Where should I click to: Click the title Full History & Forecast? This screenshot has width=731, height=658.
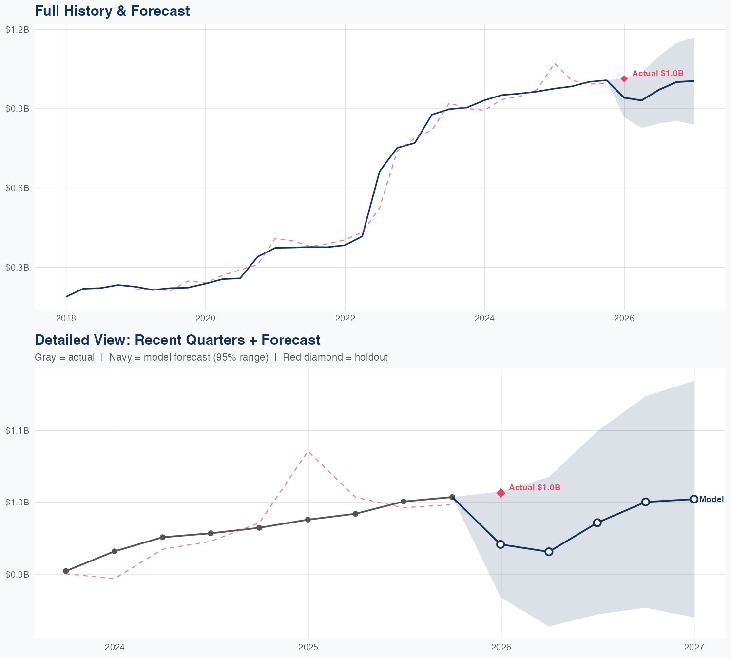(x=112, y=11)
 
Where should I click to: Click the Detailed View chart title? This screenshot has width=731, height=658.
(x=177, y=340)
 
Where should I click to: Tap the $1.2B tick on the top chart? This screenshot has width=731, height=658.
(x=17, y=29)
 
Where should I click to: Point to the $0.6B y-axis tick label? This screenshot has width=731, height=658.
(x=17, y=188)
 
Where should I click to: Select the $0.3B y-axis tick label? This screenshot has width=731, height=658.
(x=17, y=267)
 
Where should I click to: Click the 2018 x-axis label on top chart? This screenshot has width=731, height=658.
(x=66, y=319)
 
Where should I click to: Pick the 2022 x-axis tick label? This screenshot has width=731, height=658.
(x=345, y=319)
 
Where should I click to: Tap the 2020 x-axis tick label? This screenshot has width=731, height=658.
(x=205, y=319)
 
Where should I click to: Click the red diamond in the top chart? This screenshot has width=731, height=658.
(x=624, y=79)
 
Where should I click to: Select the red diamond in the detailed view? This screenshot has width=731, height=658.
(x=501, y=493)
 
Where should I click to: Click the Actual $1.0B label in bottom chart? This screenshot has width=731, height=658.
(x=535, y=487)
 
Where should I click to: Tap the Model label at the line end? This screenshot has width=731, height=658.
(x=712, y=499)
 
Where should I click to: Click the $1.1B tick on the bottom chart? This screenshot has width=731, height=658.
(x=17, y=430)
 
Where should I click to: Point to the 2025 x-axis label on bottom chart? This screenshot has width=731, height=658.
(x=308, y=647)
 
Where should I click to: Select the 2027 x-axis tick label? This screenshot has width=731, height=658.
(x=694, y=647)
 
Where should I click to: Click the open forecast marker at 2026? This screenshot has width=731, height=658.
(x=500, y=544)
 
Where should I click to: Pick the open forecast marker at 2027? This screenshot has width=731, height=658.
(x=694, y=499)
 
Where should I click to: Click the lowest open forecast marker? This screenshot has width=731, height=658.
(x=549, y=552)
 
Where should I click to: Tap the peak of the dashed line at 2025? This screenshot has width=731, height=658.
(x=308, y=451)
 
